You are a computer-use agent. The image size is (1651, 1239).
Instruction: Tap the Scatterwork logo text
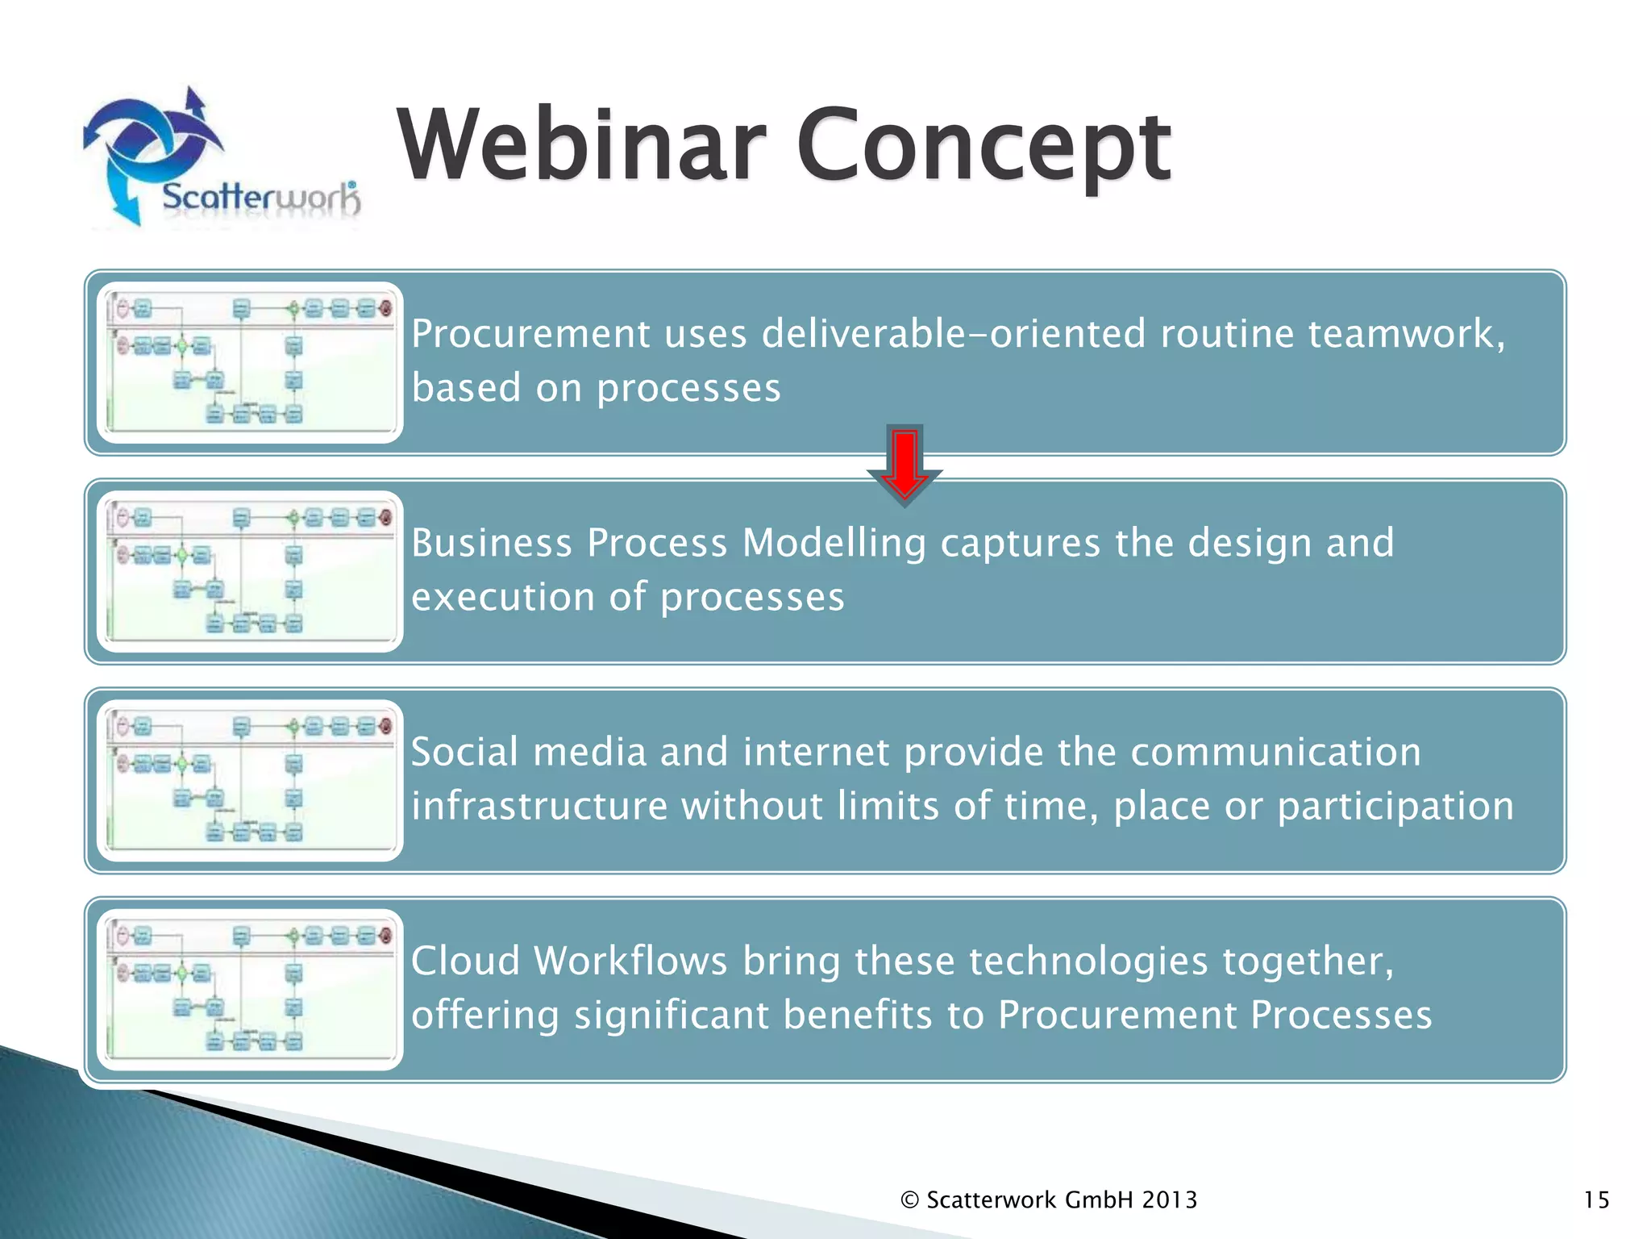click(260, 198)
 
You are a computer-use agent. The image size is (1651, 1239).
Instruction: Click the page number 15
click(1596, 1200)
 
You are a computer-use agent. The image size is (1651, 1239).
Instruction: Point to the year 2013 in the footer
click(1169, 1200)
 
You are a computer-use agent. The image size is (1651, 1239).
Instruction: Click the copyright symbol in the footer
click(909, 1200)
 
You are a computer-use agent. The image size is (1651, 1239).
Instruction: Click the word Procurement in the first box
click(530, 334)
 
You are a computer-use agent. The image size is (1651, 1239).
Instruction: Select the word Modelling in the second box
click(834, 543)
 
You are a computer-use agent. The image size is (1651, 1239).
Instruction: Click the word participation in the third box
click(1395, 807)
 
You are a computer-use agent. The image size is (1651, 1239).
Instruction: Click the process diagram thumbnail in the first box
click(250, 362)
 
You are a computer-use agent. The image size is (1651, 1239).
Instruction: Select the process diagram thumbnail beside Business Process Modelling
click(250, 571)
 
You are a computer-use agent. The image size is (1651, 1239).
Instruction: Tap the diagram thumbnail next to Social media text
click(250, 780)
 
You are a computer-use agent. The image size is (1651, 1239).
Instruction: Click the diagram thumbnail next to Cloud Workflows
click(250, 989)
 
